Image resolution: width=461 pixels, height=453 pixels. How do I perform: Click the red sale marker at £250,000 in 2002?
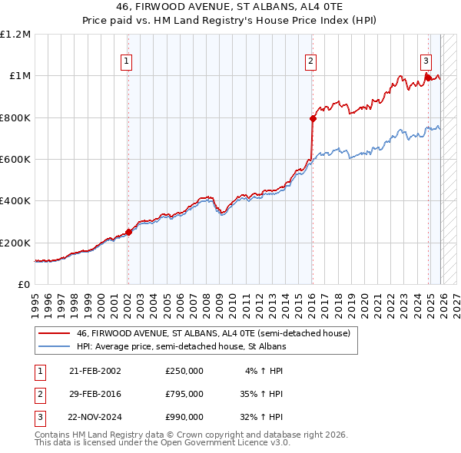pos(128,233)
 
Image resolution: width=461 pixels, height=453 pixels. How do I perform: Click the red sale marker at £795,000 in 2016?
pos(313,119)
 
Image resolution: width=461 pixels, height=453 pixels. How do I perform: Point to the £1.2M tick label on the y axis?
pos(15,35)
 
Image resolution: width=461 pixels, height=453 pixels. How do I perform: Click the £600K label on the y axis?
pos(15,160)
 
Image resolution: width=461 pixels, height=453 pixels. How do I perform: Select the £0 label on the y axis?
pos(23,284)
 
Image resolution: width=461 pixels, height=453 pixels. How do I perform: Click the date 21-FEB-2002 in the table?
pos(95,371)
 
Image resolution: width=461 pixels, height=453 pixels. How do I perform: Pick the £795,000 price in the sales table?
pos(184,394)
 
